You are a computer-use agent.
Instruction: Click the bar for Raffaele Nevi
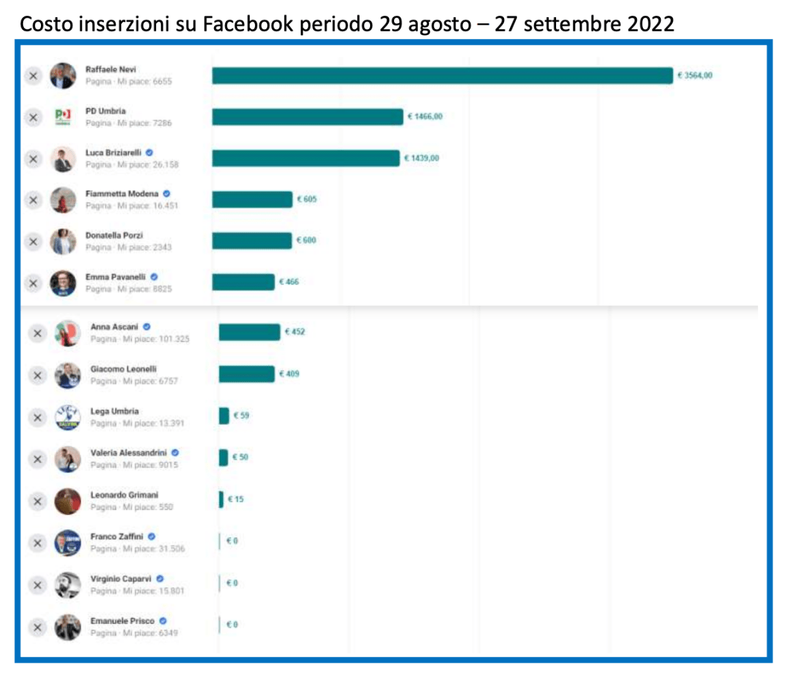pyautogui.click(x=442, y=76)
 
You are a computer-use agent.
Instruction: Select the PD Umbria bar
pyautogui.click(x=307, y=117)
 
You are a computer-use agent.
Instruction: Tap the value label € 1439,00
pyautogui.click(x=421, y=159)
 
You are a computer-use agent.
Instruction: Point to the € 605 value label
pyautogui.click(x=306, y=200)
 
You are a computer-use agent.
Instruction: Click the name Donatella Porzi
pyautogui.click(x=114, y=235)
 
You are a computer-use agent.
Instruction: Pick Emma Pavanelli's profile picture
pyautogui.click(x=63, y=283)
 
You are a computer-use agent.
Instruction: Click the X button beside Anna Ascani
pyautogui.click(x=38, y=334)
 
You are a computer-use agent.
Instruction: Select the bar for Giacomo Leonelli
pyautogui.click(x=246, y=374)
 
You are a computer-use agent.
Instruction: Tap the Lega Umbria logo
pyautogui.click(x=68, y=417)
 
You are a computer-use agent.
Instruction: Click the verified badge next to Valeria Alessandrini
pyautogui.click(x=175, y=452)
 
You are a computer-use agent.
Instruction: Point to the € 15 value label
pyautogui.click(x=235, y=500)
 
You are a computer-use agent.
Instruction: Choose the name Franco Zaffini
pyautogui.click(x=117, y=537)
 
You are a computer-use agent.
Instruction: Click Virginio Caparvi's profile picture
pyautogui.click(x=68, y=585)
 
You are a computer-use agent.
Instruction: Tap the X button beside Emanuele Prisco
pyautogui.click(x=38, y=626)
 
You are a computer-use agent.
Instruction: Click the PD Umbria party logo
pyautogui.click(x=63, y=117)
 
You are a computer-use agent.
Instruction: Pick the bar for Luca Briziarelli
pyautogui.click(x=305, y=159)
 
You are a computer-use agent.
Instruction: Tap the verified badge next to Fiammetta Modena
pyautogui.click(x=167, y=194)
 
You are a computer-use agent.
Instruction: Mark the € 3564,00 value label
pyautogui.click(x=694, y=76)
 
